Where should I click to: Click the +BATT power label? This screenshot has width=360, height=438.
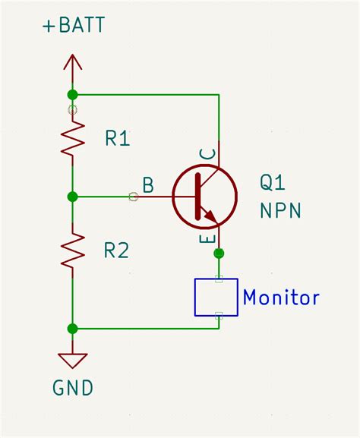click(73, 26)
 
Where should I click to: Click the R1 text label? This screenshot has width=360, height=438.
click(118, 138)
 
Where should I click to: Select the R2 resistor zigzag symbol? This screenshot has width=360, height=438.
click(73, 251)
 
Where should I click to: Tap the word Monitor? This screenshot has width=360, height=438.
click(280, 298)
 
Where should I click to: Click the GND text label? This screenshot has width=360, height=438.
click(73, 388)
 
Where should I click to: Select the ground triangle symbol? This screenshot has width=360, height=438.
click(73, 360)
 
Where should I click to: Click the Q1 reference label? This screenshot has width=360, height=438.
click(274, 182)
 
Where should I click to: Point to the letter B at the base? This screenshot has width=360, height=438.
click(148, 184)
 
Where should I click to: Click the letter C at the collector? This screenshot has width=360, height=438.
click(207, 155)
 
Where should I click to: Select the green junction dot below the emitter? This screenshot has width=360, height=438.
click(219, 253)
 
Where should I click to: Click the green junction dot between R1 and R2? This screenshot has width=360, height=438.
click(73, 197)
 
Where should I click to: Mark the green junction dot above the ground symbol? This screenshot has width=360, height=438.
click(73, 329)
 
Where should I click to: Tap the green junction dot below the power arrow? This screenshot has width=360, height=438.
click(73, 95)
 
